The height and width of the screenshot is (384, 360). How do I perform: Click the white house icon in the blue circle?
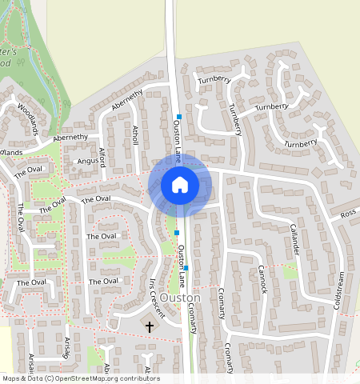click(180, 185)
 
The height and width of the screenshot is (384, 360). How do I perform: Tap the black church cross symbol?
click(149, 326)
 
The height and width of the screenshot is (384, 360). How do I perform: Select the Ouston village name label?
click(180, 298)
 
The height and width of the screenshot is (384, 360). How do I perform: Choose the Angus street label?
click(86, 161)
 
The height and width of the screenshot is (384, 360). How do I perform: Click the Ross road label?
click(347, 214)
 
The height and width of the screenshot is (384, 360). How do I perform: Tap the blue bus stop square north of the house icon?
click(179, 117)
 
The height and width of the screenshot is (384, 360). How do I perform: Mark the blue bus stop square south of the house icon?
click(177, 233)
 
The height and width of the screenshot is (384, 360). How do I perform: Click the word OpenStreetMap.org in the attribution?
click(85, 378)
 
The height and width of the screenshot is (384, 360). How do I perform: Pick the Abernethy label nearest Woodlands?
click(70, 138)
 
